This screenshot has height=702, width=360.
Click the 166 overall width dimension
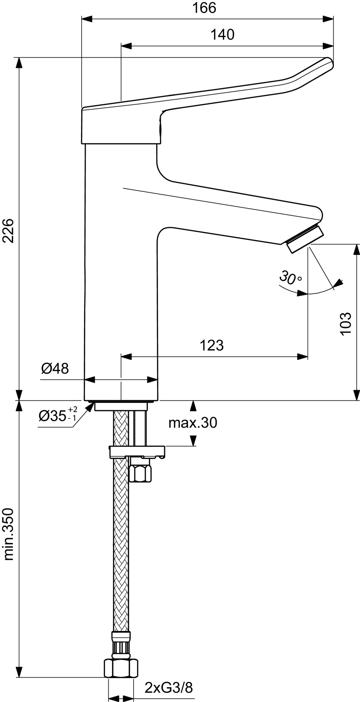[204, 8]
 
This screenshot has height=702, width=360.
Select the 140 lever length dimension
[222, 35]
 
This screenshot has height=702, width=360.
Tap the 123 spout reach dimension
[212, 346]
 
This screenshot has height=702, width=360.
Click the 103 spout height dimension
[346, 324]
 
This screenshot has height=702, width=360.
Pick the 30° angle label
[290, 277]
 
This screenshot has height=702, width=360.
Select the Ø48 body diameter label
[55, 368]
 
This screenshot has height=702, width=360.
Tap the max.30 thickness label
[193, 423]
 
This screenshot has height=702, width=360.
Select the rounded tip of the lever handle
[328, 63]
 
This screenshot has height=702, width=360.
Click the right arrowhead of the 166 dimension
[328, 19]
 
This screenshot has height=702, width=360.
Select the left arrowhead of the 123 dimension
[126, 357]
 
